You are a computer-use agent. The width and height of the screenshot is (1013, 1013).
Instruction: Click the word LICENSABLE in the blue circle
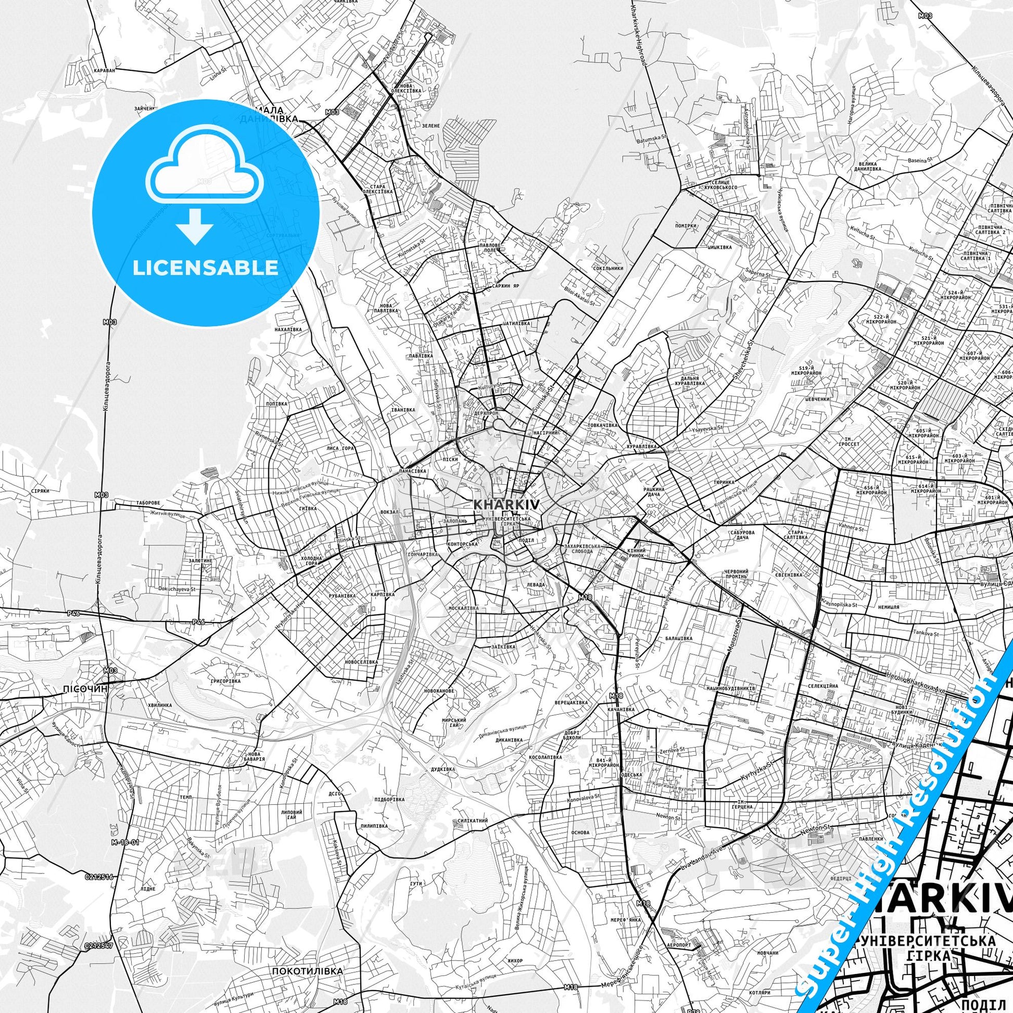point(206,268)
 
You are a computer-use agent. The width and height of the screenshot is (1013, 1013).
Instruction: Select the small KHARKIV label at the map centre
point(507,504)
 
